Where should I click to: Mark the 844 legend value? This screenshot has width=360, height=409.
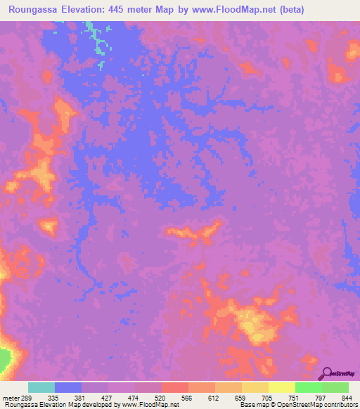pyautogui.click(x=347, y=398)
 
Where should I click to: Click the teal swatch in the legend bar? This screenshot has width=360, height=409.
pyautogui.click(x=41, y=387)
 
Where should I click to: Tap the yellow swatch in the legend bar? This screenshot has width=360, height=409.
pyautogui.click(x=281, y=387)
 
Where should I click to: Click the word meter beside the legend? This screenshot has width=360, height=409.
pyautogui.click(x=10, y=398)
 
